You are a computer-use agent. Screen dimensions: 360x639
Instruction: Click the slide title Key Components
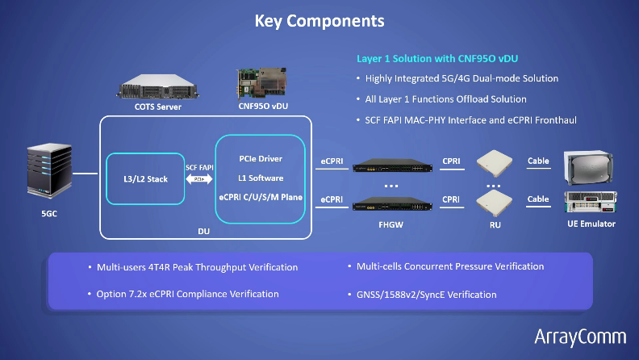coord(319,20)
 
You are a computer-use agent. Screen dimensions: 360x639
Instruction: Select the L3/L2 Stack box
coord(147,178)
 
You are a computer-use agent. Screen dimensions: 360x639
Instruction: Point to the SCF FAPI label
coord(198,167)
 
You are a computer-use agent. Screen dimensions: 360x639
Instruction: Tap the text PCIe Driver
coord(260,158)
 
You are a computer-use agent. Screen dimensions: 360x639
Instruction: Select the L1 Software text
coord(260,178)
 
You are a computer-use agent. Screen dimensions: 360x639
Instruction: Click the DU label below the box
coord(204,229)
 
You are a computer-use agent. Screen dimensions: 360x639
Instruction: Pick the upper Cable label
coord(538,161)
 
